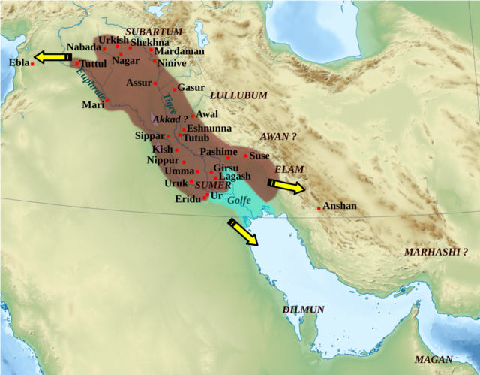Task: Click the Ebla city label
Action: click(x=19, y=62)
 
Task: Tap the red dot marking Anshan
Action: click(x=319, y=208)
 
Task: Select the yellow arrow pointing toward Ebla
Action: click(x=52, y=56)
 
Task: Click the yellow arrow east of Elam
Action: click(x=286, y=184)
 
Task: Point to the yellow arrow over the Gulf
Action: click(x=244, y=232)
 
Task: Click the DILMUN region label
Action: click(x=304, y=309)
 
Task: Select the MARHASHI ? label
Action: click(x=441, y=252)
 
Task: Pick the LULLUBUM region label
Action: click(x=238, y=96)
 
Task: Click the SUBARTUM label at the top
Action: click(x=154, y=31)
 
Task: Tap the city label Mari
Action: click(x=93, y=104)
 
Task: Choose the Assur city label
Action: click(x=139, y=83)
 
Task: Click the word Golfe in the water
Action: click(x=238, y=201)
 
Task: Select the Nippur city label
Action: click(x=162, y=160)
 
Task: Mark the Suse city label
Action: click(x=259, y=156)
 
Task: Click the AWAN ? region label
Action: click(x=277, y=136)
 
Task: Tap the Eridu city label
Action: click(x=187, y=199)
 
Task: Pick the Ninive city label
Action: click(x=172, y=63)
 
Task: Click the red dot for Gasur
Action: click(x=174, y=89)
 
